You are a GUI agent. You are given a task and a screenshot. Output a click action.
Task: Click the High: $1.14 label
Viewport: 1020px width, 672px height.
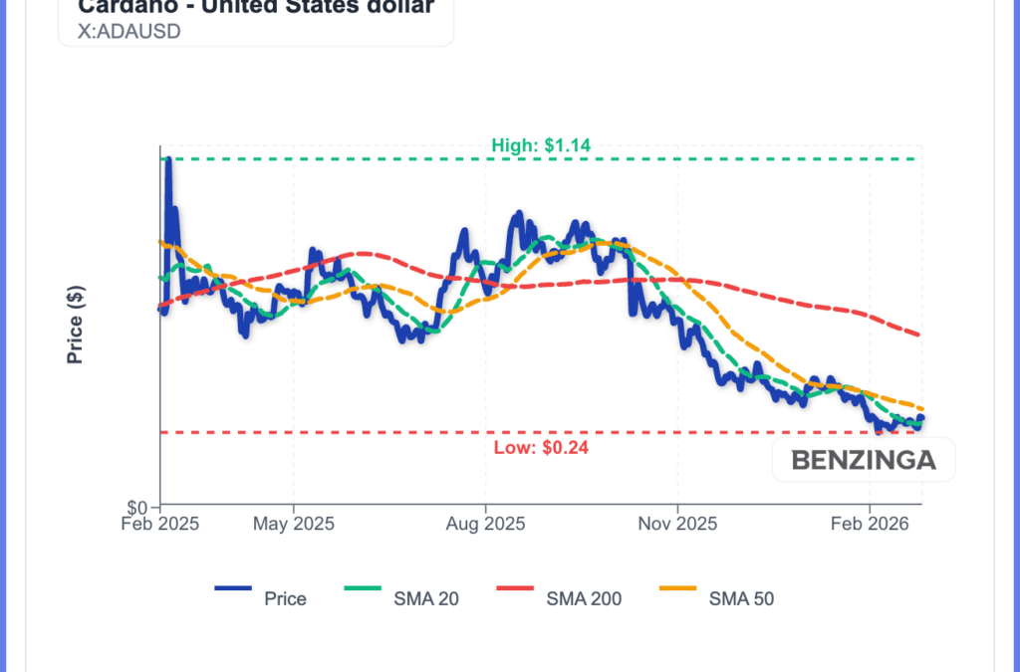pos(541,145)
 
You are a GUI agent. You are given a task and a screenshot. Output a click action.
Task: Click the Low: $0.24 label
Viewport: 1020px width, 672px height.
pos(541,448)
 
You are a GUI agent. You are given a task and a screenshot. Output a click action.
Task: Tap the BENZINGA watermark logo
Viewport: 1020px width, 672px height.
pos(863,461)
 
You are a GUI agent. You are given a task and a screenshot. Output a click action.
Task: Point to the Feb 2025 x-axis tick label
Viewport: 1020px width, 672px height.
pos(159,523)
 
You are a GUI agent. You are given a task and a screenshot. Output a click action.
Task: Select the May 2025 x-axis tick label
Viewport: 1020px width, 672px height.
pos(293,523)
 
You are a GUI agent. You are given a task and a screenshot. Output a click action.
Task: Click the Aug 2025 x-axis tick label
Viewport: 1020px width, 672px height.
pos(485,523)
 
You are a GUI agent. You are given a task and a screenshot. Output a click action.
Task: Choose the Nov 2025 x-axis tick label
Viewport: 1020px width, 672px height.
pos(676,523)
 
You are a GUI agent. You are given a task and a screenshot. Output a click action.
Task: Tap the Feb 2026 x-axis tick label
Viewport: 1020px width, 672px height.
pos(869,523)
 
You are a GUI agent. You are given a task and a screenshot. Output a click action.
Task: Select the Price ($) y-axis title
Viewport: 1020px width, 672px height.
pos(75,325)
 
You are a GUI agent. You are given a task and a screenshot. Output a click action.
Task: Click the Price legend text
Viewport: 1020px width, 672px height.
pos(285,598)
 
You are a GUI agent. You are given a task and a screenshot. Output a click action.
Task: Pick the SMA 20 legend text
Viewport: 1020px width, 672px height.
pos(425,598)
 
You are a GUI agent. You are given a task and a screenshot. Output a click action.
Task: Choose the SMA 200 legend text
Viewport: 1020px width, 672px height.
pos(584,598)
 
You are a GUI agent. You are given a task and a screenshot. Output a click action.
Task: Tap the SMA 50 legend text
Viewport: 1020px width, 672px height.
pos(741,598)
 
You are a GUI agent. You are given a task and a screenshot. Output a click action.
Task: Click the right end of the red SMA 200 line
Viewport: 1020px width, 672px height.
pos(917,335)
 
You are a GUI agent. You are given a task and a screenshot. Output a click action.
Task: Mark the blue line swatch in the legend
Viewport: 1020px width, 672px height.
pos(233,588)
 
